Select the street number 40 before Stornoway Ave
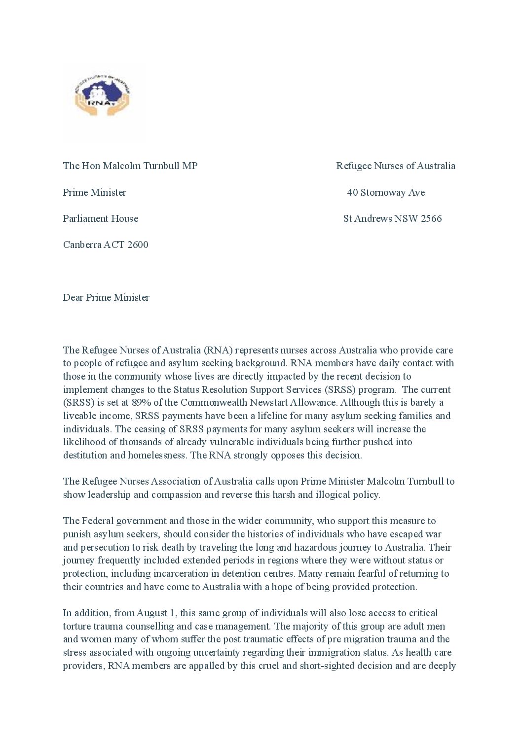pos(352,192)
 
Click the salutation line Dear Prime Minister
pos(106,297)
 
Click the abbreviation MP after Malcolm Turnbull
pos(190,166)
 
